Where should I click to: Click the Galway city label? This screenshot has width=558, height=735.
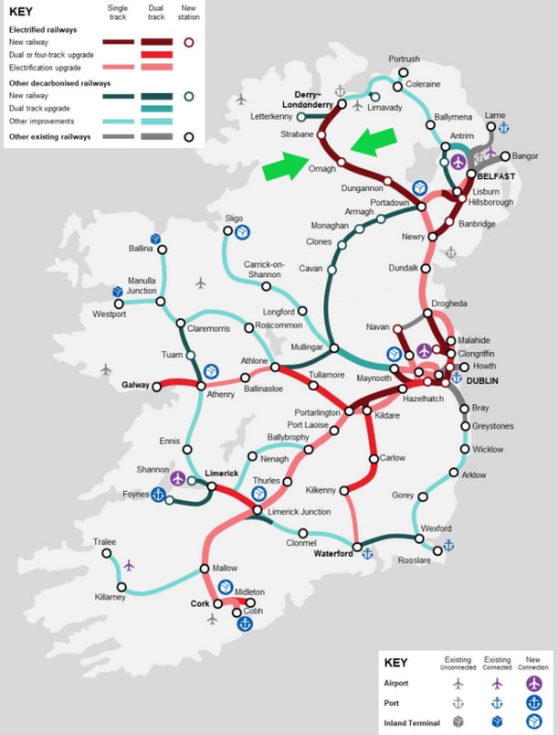coord(136,386)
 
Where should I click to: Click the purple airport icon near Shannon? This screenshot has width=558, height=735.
coord(178,478)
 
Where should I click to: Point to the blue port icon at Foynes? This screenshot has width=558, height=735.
coord(158,495)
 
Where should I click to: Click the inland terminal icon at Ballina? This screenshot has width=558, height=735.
coord(156,239)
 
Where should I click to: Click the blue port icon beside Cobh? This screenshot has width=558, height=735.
coord(245,623)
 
